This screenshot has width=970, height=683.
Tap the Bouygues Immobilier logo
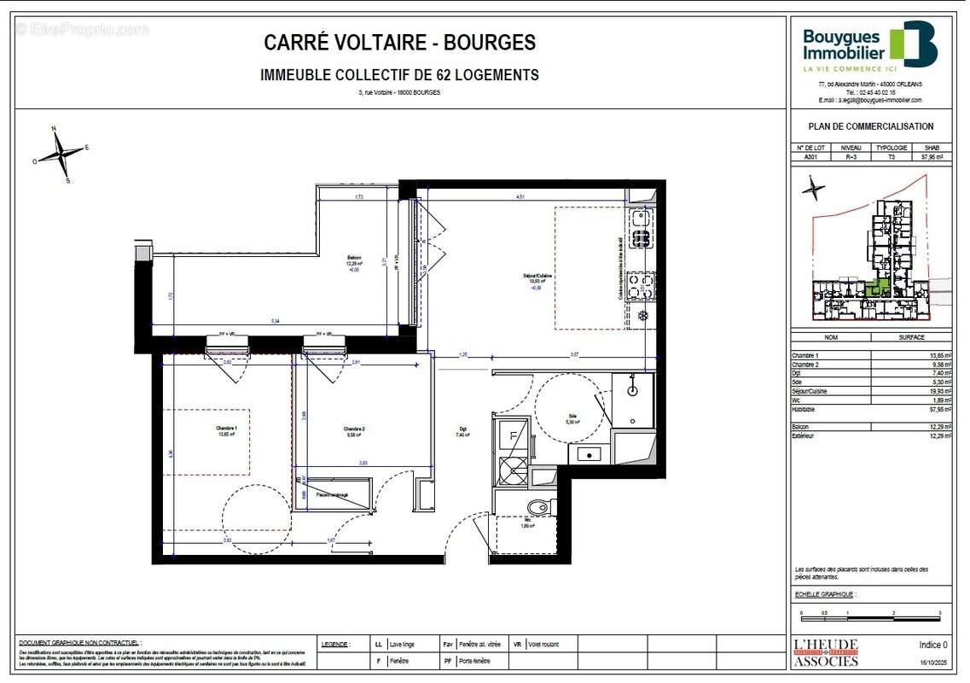869,45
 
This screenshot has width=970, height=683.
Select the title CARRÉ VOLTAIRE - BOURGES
399,43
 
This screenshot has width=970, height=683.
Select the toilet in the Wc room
538,509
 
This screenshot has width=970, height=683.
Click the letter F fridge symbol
513,435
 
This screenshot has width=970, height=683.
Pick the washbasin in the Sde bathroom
632,391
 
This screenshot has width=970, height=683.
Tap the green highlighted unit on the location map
876,288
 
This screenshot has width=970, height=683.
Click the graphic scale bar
870,613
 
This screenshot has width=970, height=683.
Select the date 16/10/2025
932,662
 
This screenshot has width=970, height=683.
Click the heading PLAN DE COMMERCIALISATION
870,126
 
